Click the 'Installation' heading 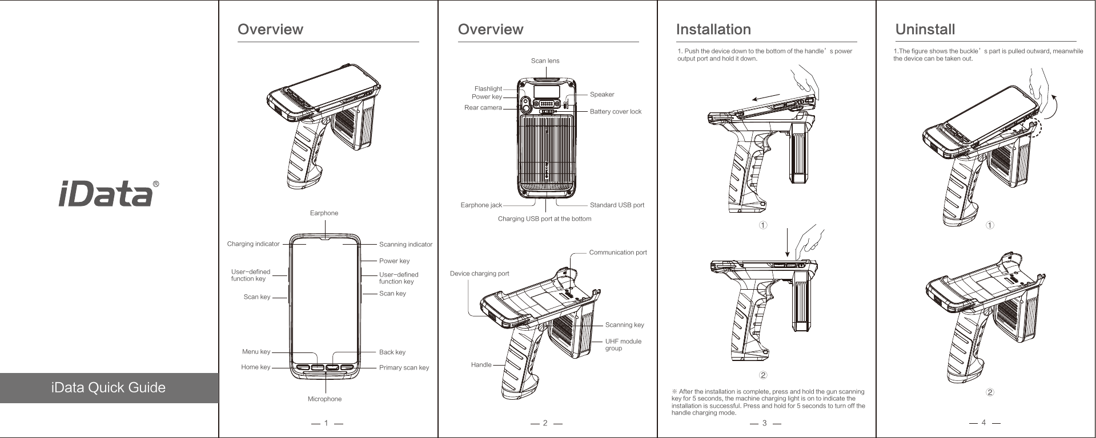click(713, 29)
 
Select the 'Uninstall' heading click(925, 29)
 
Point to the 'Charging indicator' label click(253, 244)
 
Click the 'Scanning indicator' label click(406, 245)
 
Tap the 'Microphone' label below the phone click(324, 399)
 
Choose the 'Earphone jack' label click(481, 205)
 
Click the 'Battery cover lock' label click(615, 112)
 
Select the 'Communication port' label click(617, 253)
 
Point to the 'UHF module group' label click(623, 344)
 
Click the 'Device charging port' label click(479, 274)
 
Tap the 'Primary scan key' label click(404, 368)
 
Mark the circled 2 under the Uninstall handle click(990, 393)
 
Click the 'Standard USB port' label click(617, 205)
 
